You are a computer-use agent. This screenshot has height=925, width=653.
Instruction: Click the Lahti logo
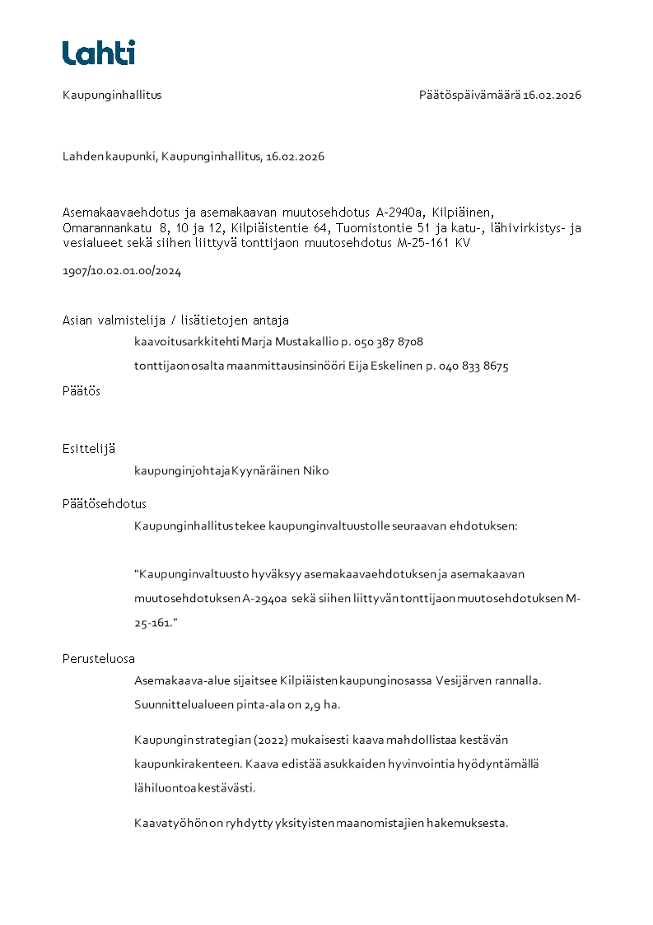pos(98,53)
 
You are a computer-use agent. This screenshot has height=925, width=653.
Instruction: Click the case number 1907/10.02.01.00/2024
pos(122,271)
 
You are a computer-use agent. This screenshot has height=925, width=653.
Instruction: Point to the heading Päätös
pos(82,391)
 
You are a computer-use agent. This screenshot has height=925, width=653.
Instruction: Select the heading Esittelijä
pos(88,449)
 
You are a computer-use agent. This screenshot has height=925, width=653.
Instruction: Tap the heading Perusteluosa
pos(99,659)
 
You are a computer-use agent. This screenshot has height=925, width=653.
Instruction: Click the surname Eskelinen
pos(391,367)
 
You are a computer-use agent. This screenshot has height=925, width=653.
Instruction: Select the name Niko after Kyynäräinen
pos(316,471)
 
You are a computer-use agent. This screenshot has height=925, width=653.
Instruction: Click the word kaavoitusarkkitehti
pos(186,342)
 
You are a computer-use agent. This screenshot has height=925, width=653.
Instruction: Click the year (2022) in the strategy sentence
pos(271,740)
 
